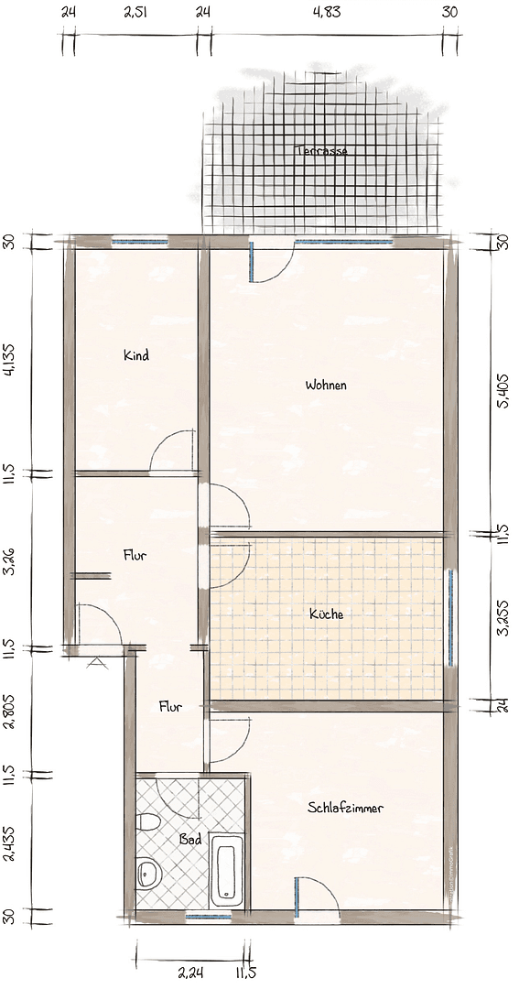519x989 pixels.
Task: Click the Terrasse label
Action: (x=321, y=151)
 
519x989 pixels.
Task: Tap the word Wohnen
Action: (x=326, y=386)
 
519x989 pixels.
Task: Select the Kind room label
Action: (x=136, y=355)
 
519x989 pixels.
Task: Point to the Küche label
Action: (x=326, y=614)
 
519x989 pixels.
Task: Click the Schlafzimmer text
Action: (x=345, y=808)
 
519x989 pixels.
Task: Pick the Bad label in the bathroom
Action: (x=190, y=839)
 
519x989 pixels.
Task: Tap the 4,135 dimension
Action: (x=8, y=360)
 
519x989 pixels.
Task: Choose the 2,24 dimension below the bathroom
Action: (x=190, y=973)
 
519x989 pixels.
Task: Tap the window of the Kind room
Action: (x=139, y=243)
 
